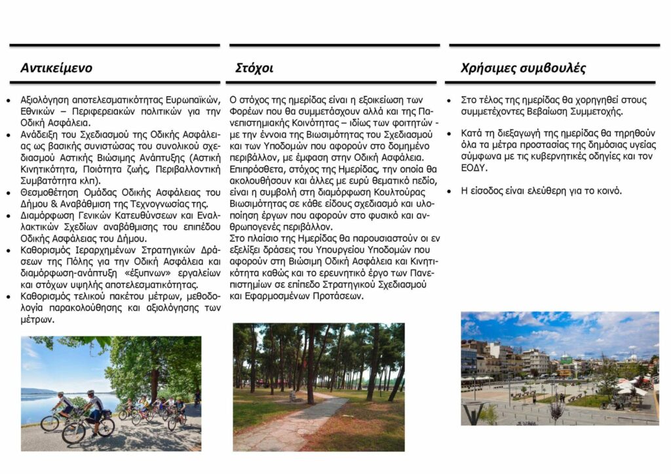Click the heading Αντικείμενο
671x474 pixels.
[x=56, y=68]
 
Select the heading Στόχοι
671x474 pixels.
[x=254, y=68]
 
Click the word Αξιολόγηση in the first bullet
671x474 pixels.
[x=46, y=100]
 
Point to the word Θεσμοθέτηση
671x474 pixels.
[x=50, y=192]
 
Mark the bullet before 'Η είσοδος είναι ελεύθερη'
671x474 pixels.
[x=449, y=192]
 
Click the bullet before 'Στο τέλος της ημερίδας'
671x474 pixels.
[x=449, y=101]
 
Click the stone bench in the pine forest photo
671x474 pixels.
[x=297, y=396]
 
